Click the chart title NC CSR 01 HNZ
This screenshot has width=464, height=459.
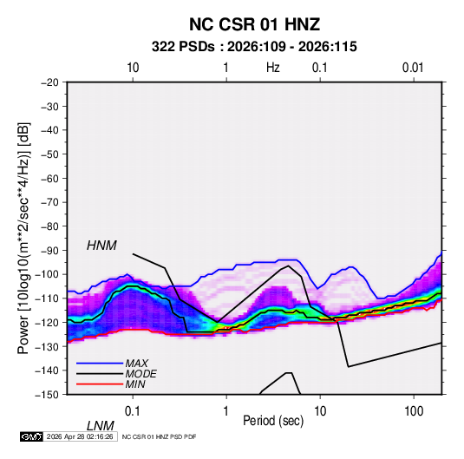tap(254, 24)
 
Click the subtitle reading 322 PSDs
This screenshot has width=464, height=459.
tap(183, 47)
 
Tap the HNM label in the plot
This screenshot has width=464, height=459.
tap(101, 246)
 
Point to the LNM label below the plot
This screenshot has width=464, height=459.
tap(101, 426)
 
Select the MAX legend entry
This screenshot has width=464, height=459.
tap(136, 363)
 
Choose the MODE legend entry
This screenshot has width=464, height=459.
tap(141, 374)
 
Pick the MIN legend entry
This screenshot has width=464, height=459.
tap(135, 384)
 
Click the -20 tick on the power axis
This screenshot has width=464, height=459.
tap(49, 82)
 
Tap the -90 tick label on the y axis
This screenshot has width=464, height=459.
tap(49, 250)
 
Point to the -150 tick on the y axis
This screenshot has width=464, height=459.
tap(47, 395)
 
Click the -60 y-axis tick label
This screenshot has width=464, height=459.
tap(49, 178)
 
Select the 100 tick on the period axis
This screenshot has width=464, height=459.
tap(414, 411)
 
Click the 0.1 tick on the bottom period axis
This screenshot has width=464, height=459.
tap(133, 411)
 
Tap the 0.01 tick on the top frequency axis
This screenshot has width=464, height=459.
tap(413, 68)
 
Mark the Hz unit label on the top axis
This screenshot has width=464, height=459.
tap(273, 68)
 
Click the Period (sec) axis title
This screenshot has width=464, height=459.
tap(273, 421)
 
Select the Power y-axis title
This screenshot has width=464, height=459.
tap(23, 239)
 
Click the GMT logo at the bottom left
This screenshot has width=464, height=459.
tap(31, 436)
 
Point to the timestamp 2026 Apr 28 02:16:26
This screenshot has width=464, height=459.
tap(80, 436)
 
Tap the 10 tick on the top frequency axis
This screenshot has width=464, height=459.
tap(133, 68)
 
